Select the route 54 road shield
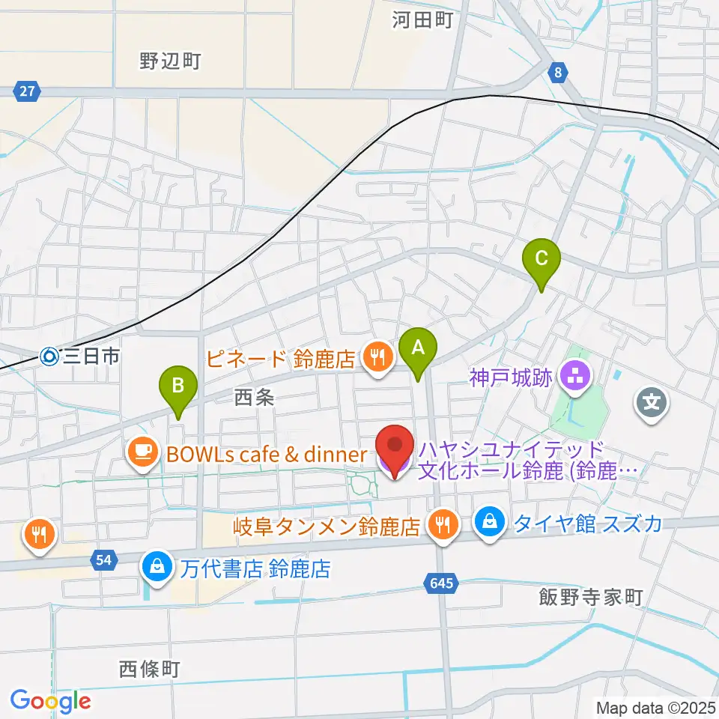pos(104,559)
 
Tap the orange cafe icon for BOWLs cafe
pos(142,452)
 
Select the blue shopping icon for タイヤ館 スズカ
pos(490,522)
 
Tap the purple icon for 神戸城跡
pos(576,377)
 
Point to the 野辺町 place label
pos(170,61)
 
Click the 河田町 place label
pos(423,20)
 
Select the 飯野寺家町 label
pos(591,597)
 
